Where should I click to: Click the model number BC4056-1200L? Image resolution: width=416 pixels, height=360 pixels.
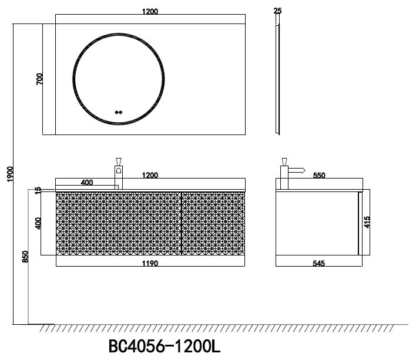click(x=165, y=346)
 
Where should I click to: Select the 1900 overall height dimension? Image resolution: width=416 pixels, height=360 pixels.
click(x=10, y=174)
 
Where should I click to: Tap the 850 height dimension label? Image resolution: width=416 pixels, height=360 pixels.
click(x=25, y=257)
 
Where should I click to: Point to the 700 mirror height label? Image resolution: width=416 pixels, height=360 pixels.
click(x=39, y=79)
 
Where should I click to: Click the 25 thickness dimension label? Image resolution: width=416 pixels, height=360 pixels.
click(x=277, y=11)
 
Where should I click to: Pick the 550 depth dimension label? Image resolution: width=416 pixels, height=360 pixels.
click(x=319, y=175)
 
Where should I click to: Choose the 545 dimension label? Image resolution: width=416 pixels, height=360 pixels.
click(x=318, y=263)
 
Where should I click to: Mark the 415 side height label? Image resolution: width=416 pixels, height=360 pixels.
click(x=367, y=222)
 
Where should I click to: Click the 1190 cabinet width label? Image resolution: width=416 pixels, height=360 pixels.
click(x=150, y=263)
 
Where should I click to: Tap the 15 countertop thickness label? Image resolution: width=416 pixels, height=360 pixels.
click(x=38, y=190)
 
